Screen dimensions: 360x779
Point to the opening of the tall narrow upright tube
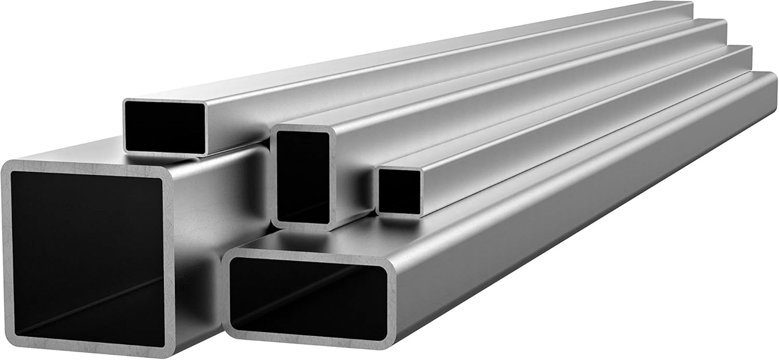click(303, 177)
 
